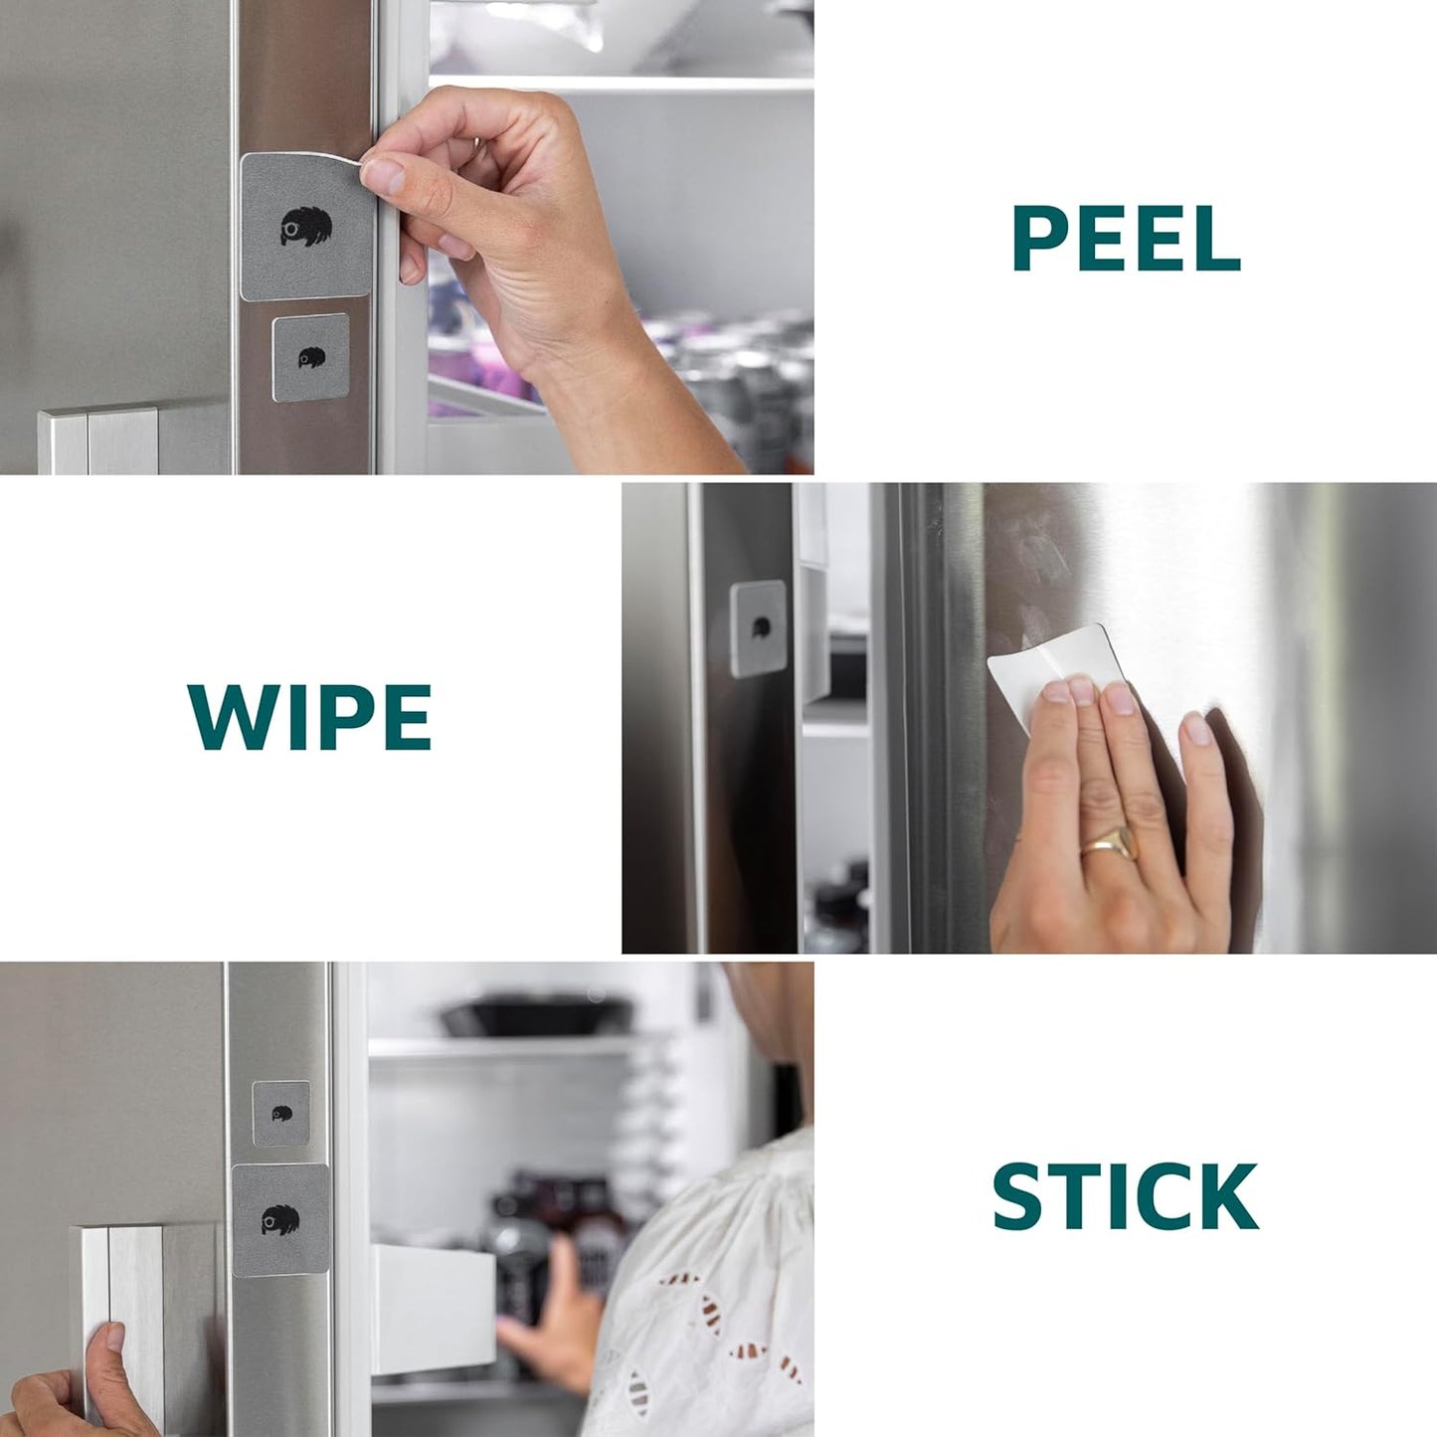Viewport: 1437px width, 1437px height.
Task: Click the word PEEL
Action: click(1126, 239)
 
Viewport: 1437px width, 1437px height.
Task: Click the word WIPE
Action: click(308, 717)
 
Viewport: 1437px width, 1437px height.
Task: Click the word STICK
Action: click(1126, 1196)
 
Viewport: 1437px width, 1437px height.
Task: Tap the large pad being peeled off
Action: click(305, 226)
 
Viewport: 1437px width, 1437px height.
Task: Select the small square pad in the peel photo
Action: click(310, 357)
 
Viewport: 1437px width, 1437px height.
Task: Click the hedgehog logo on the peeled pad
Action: click(305, 226)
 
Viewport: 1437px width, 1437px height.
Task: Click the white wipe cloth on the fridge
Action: click(1051, 675)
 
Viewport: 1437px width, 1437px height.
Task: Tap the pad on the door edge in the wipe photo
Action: click(758, 629)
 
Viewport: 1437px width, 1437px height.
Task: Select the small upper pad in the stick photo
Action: click(281, 1114)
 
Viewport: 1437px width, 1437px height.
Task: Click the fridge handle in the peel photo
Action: click(98, 441)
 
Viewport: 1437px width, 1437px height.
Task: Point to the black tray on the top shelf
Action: click(538, 1015)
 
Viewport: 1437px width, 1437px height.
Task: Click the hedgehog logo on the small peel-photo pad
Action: click(311, 357)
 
